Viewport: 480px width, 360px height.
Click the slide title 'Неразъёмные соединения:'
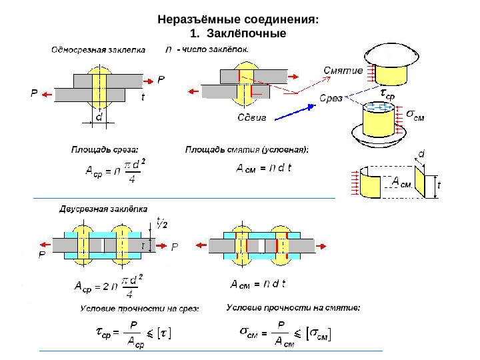click(x=239, y=20)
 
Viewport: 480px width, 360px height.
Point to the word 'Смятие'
click(x=343, y=70)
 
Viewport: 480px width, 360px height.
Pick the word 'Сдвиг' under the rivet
click(x=253, y=117)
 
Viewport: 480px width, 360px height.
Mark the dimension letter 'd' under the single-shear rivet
click(x=99, y=117)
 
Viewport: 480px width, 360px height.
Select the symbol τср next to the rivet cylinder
click(x=387, y=96)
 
